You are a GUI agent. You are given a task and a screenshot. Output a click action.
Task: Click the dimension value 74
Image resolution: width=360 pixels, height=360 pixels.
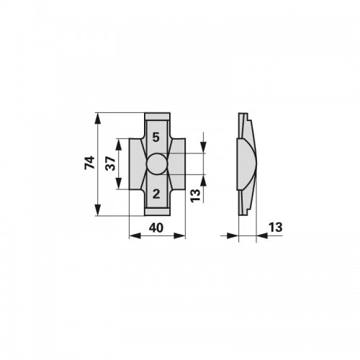pyautogui.click(x=89, y=163)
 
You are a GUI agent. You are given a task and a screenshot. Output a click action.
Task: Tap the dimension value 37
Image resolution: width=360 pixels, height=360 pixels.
pyautogui.click(x=111, y=163)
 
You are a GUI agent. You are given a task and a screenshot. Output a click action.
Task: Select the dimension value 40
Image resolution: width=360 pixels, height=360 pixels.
pyautogui.click(x=156, y=228)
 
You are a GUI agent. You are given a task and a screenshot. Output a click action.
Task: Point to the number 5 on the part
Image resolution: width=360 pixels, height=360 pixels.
pyautogui.click(x=156, y=138)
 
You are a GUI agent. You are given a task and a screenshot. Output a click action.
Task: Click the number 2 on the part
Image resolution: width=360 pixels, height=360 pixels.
pyautogui.click(x=156, y=194)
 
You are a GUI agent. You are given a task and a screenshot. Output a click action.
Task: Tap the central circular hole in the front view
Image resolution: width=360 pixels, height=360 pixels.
pyautogui.click(x=157, y=163)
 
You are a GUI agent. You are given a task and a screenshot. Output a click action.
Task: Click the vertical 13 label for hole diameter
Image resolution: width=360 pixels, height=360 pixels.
pyautogui.click(x=195, y=196)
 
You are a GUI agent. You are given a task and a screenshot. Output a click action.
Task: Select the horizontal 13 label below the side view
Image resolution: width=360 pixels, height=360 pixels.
pyautogui.click(x=276, y=228)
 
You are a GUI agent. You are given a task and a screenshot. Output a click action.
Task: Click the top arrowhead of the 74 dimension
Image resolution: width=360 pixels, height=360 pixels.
pyautogui.click(x=97, y=119)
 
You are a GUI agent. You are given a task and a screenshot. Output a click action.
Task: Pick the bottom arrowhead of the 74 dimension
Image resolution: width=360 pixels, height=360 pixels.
pyautogui.click(x=97, y=210)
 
